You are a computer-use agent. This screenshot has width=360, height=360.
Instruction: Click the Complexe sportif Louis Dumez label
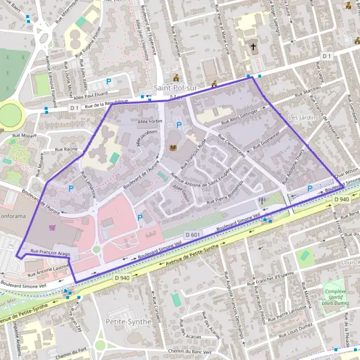pyautogui.click(x=335, y=297)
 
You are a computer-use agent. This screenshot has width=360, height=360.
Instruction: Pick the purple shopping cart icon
pyautogui.click(x=52, y=227)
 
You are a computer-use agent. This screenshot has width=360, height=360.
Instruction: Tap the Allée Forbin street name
pyautogui.click(x=150, y=121)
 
